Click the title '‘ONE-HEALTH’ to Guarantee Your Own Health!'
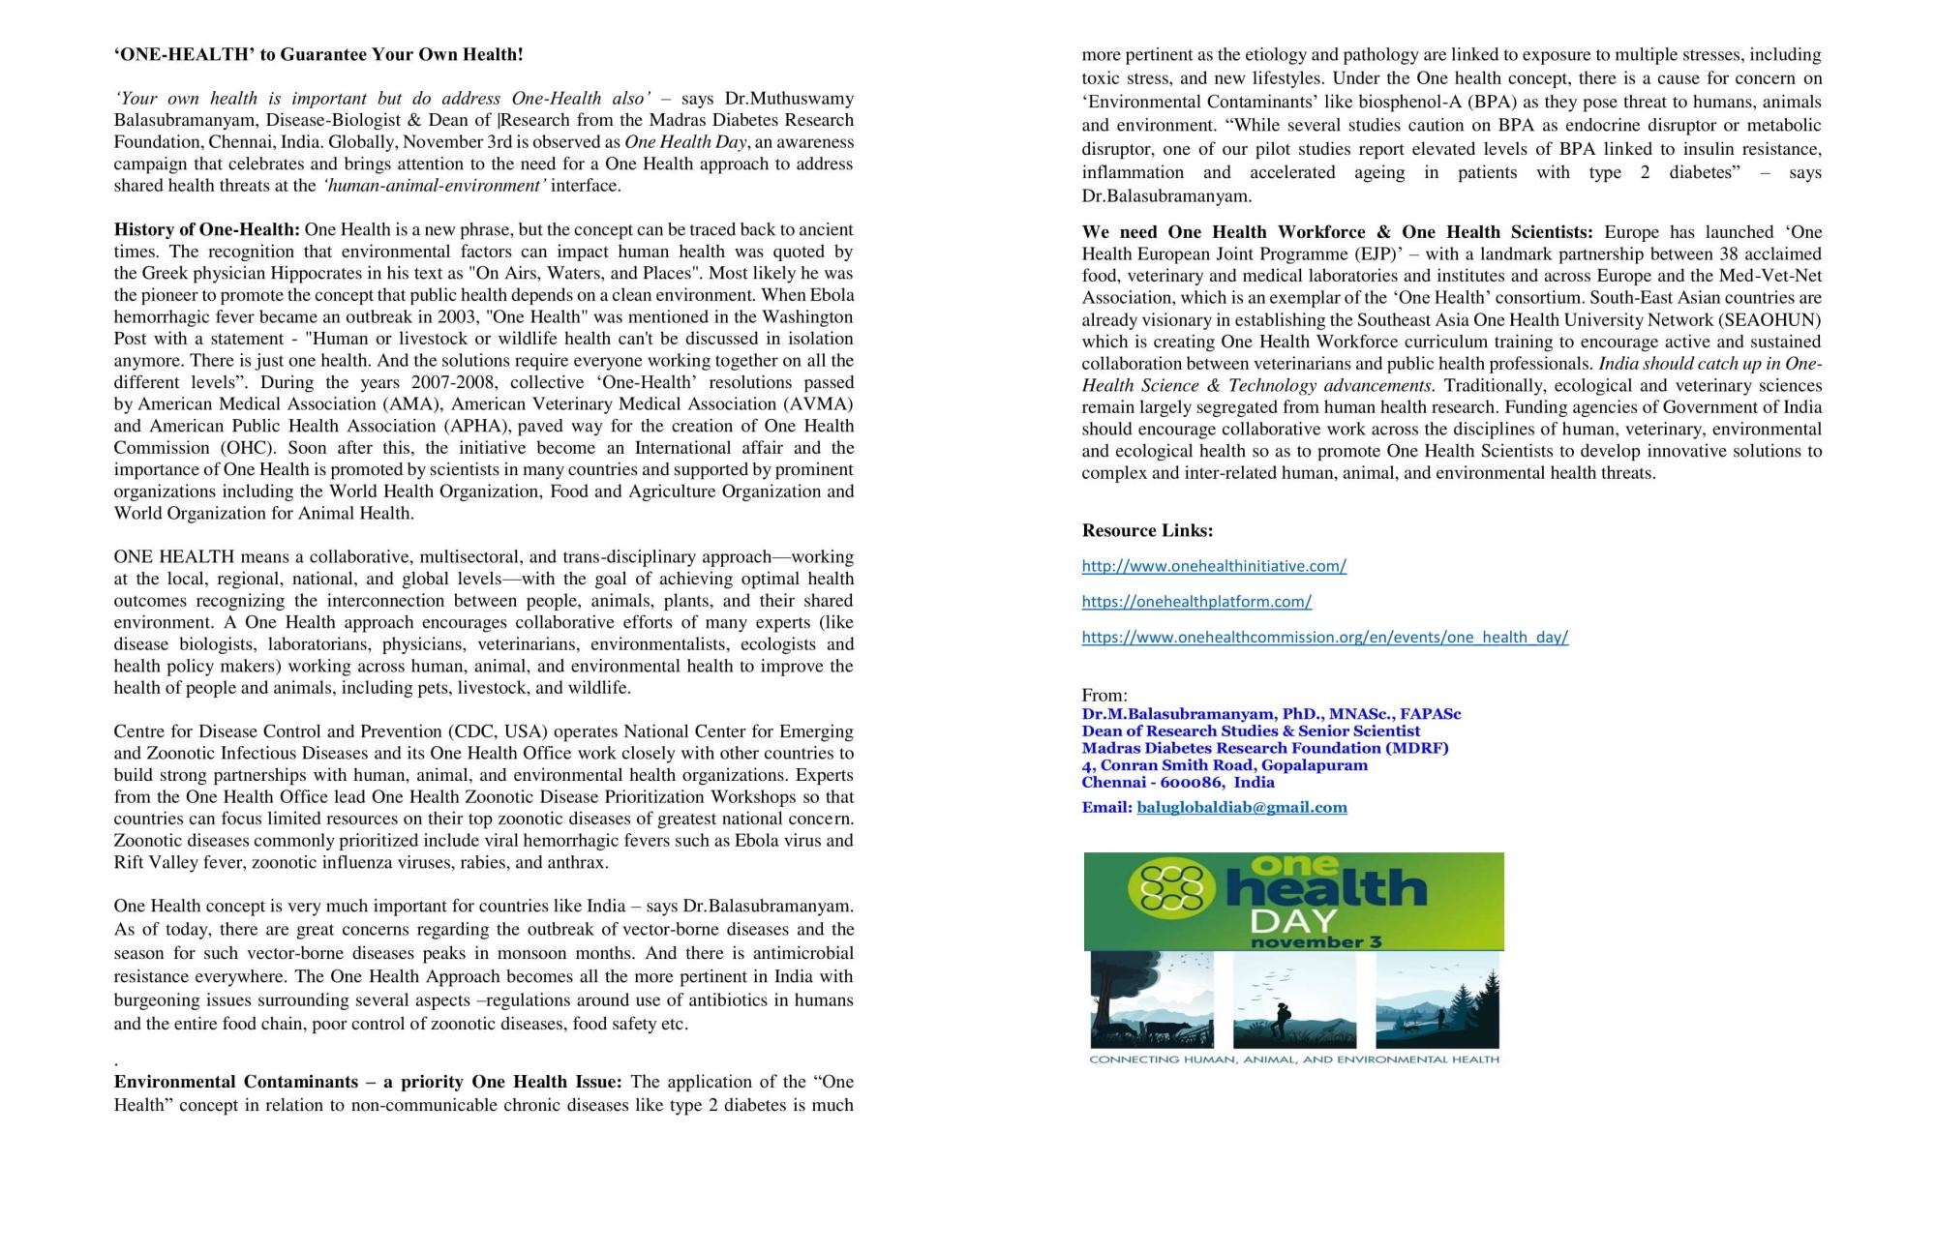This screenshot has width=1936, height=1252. [x=318, y=55]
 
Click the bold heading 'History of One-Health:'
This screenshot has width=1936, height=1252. [x=206, y=230]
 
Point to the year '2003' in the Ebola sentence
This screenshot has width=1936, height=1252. [x=427, y=317]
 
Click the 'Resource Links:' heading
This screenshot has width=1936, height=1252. [x=1147, y=530]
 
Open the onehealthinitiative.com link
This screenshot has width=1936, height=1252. [x=1214, y=566]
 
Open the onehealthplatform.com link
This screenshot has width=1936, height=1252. [x=1196, y=602]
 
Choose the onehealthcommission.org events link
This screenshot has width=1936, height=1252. [x=1324, y=638]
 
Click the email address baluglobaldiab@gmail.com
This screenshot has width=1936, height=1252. [x=1241, y=807]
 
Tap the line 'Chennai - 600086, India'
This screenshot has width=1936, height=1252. [x=1177, y=782]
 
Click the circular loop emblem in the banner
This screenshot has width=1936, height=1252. [x=1172, y=887]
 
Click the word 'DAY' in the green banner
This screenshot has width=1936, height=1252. [x=1293, y=920]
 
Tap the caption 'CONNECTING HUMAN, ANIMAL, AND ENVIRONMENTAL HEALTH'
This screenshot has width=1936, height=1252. [x=1293, y=1059]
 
